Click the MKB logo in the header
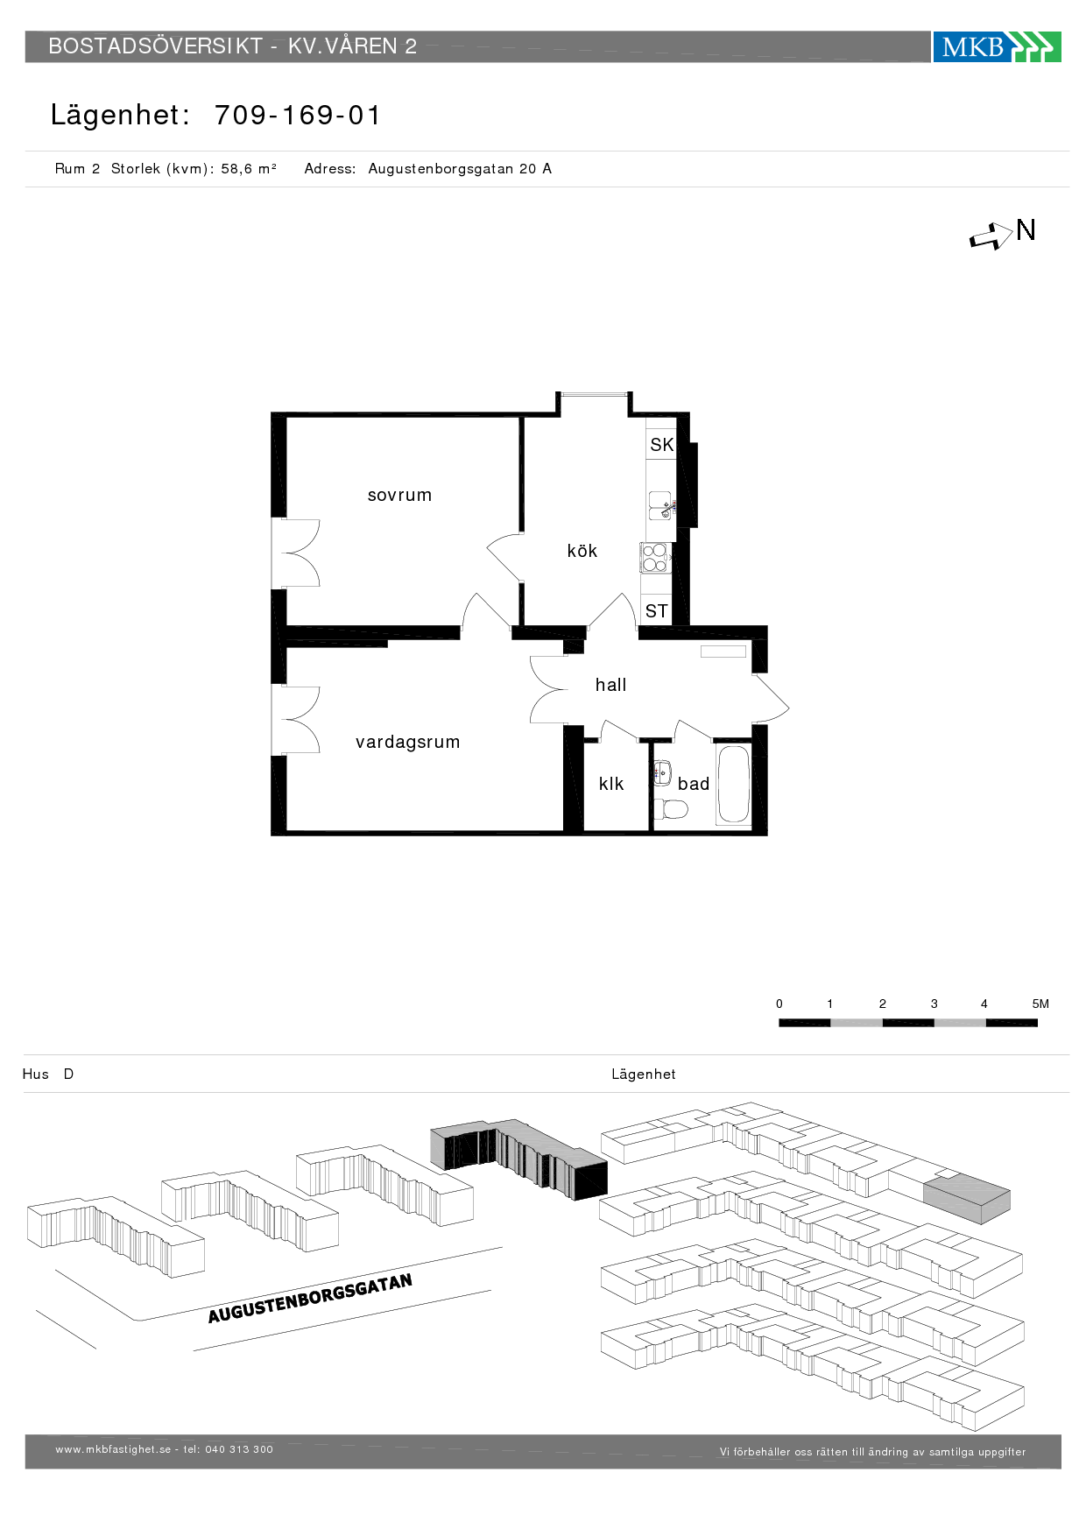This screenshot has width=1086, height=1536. pos(996,46)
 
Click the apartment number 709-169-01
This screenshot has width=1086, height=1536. pos(298,115)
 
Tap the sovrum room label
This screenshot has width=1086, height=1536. pos(399,495)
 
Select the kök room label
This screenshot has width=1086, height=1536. pos(582,551)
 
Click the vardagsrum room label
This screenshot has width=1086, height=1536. pos(407,742)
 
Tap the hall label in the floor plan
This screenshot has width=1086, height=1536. pos(610,685)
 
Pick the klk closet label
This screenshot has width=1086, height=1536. pos(611,784)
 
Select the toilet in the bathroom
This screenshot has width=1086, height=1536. pos(671,808)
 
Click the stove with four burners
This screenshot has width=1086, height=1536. pos(655,558)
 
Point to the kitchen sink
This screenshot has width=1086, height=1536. pos(660,505)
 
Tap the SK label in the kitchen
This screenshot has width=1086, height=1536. pos(661,445)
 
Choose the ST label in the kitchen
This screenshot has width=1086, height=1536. pos(656,611)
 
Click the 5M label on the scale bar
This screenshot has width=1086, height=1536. pos(1040,1004)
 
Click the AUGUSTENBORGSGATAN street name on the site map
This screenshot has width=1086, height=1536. pos(309,1299)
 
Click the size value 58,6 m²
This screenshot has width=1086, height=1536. pos(249,169)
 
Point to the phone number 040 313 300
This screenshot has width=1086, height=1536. pos(239,1449)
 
